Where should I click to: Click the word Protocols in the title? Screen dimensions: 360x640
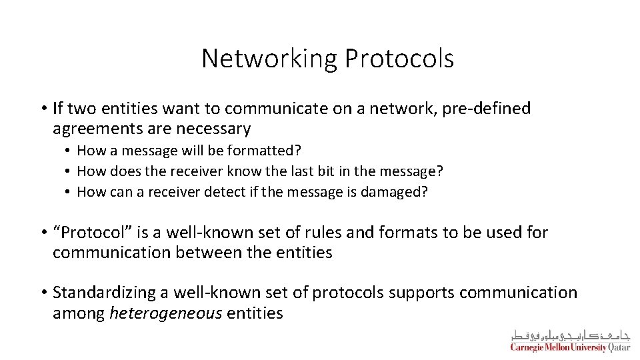point(399,59)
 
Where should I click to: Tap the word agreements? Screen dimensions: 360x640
point(97,128)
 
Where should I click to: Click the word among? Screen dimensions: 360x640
point(79,312)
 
